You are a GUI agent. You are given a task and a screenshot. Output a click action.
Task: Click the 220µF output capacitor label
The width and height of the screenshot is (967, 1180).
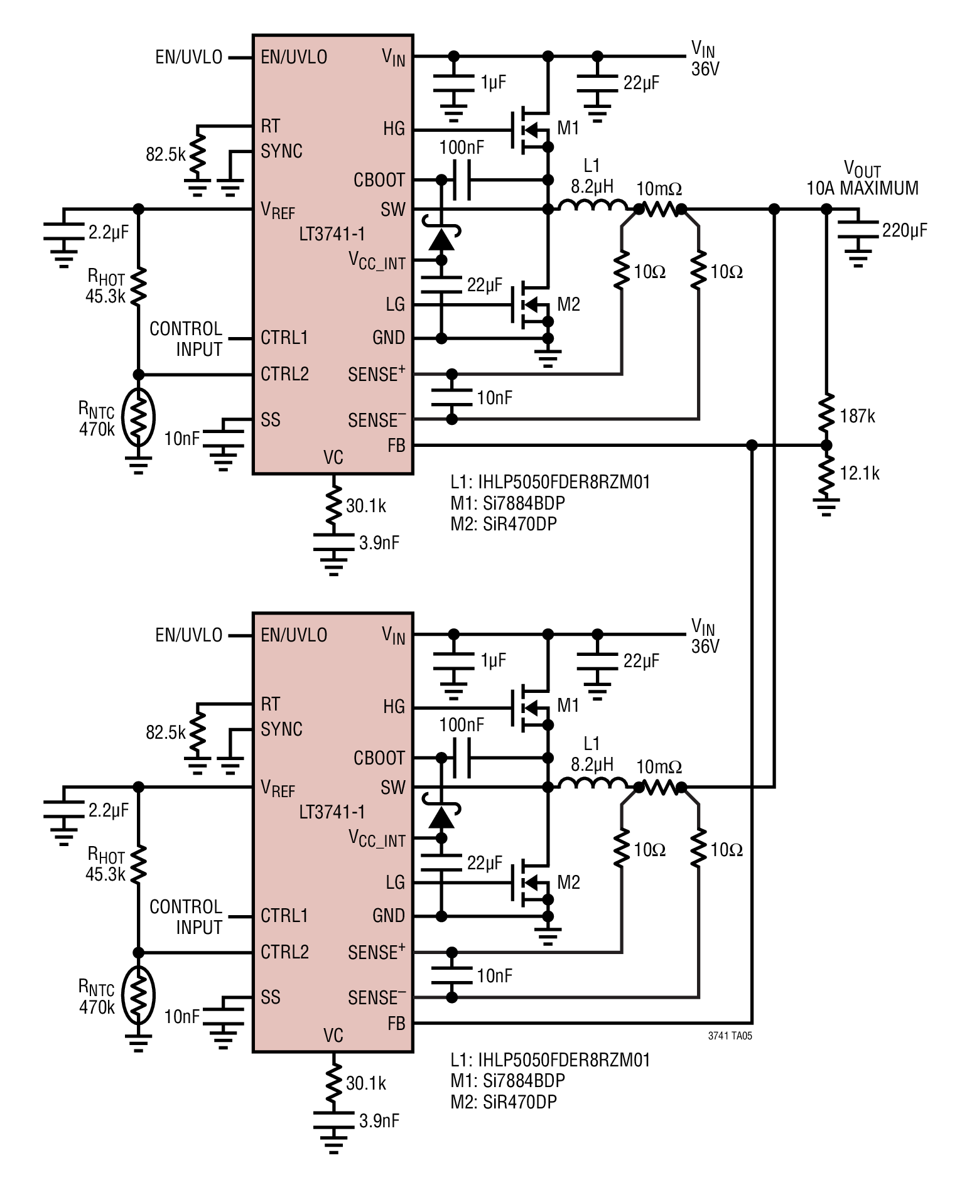point(904,231)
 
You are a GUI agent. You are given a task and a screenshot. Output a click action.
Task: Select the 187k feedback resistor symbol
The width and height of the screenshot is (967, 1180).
point(826,413)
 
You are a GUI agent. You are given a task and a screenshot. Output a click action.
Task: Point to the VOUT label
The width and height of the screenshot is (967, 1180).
point(862,169)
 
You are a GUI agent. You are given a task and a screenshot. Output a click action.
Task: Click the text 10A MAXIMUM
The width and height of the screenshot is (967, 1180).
point(862,188)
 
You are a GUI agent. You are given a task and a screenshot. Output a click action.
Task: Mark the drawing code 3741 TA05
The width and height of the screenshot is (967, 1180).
point(730,1036)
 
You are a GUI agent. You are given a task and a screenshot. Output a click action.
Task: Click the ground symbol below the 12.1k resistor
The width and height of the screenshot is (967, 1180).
point(826,507)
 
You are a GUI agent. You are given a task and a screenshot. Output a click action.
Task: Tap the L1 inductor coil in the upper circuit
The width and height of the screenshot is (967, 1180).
point(592,205)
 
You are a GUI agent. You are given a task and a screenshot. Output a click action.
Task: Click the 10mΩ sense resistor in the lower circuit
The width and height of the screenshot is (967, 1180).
point(660,787)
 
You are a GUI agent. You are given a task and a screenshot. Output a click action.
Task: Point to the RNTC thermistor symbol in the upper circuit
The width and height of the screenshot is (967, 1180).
point(139,417)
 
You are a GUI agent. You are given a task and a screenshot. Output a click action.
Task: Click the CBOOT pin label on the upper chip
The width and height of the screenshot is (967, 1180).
point(379,180)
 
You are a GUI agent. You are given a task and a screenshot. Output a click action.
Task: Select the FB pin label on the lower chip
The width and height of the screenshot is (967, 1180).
point(396,1024)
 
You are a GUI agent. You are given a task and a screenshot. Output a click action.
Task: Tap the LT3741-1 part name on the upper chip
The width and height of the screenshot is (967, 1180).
point(332,234)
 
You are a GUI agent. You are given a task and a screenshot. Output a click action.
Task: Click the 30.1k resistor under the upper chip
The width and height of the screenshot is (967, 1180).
point(334,503)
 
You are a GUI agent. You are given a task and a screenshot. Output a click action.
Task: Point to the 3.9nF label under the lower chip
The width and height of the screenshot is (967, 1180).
point(379,1120)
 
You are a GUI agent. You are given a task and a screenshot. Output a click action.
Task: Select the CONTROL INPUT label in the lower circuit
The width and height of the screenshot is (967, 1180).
point(186,917)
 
